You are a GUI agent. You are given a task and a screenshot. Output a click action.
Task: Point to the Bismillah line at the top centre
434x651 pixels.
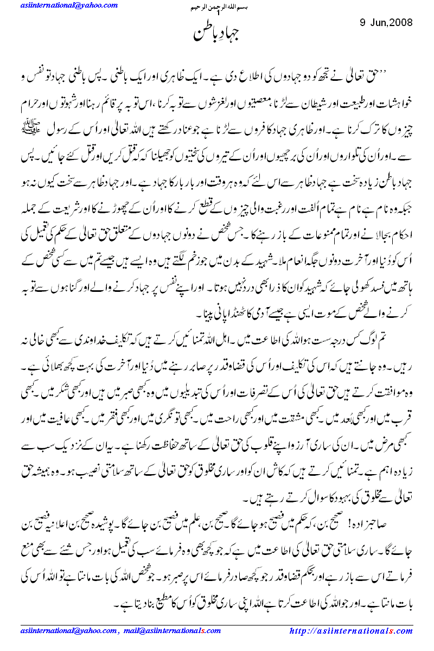pos(216,9)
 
